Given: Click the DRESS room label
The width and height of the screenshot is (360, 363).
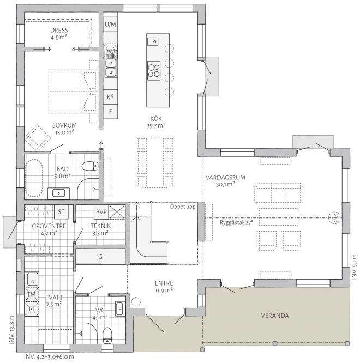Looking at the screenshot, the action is pyautogui.click(x=59, y=31).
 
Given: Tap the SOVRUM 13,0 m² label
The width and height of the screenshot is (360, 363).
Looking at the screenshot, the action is pyautogui.click(x=64, y=129).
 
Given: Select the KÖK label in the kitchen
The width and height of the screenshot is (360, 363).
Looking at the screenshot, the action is pyautogui.click(x=156, y=119).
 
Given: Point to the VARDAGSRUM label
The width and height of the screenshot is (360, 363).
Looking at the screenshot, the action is pyautogui.click(x=225, y=178).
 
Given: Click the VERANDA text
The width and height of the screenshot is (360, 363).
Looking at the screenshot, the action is pyautogui.click(x=275, y=316).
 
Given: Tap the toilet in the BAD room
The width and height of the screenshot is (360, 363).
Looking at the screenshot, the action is pyautogui.click(x=90, y=166).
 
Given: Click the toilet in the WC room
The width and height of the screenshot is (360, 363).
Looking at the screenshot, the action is pyautogui.click(x=107, y=335).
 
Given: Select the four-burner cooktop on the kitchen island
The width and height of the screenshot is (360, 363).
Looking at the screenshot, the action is pyautogui.click(x=154, y=71).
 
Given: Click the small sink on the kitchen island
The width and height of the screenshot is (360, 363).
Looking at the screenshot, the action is pyautogui.click(x=153, y=41).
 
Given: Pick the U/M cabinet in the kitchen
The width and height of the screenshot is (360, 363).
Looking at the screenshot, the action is pyautogui.click(x=110, y=25).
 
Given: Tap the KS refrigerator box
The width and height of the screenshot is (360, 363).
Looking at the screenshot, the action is pyautogui.click(x=110, y=97).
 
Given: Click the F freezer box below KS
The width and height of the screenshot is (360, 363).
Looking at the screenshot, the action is pyautogui.click(x=110, y=112).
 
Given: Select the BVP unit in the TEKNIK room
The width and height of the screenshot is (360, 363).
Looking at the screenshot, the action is pyautogui.click(x=101, y=212).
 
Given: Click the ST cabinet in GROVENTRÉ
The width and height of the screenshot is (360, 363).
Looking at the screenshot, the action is pyautogui.click(x=62, y=211).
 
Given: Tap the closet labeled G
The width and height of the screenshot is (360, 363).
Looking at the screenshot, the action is pyautogui.click(x=100, y=256).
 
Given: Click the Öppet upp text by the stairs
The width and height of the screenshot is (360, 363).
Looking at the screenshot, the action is pyautogui.click(x=183, y=207).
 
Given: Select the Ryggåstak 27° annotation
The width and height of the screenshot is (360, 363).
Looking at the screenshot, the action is pyautogui.click(x=237, y=223).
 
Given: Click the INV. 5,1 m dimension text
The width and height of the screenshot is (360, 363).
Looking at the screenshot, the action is pyautogui.click(x=355, y=267).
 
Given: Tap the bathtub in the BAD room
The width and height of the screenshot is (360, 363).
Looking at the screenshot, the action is pyautogui.click(x=34, y=178).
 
